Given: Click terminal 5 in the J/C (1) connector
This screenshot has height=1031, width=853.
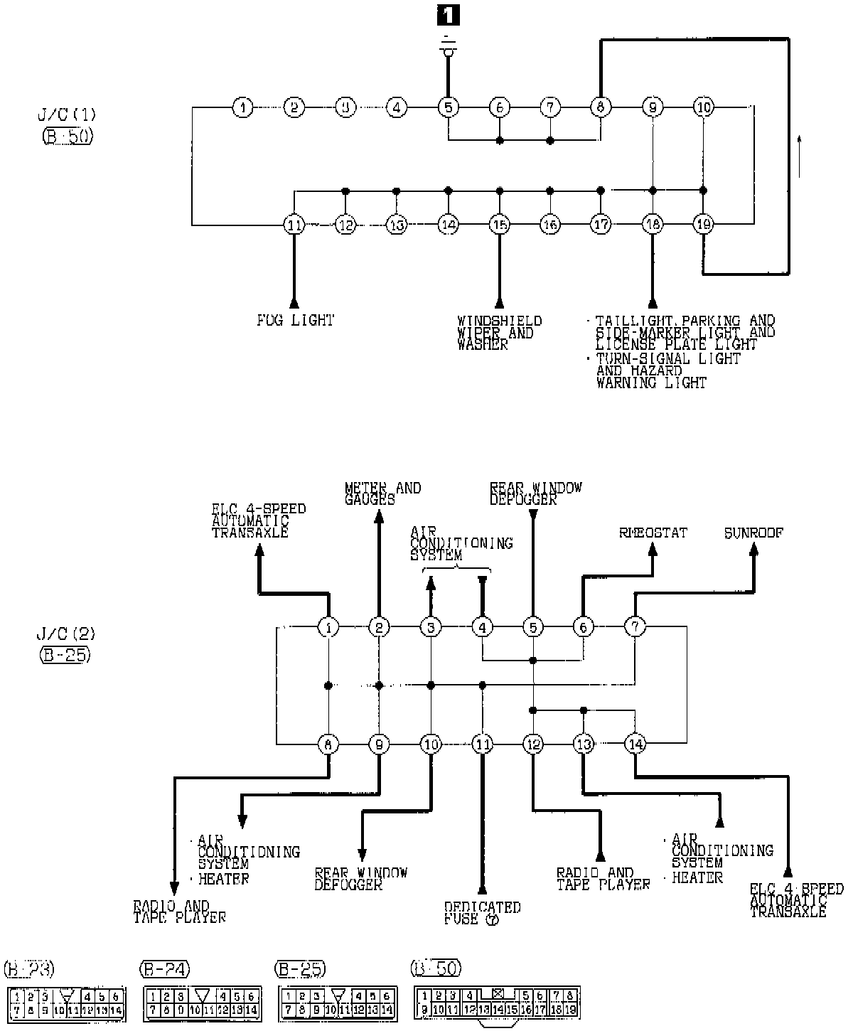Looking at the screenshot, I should [448, 108].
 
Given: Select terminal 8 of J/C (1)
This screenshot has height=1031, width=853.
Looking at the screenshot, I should [601, 108].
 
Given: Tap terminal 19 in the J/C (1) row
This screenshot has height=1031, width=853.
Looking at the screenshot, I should [703, 225].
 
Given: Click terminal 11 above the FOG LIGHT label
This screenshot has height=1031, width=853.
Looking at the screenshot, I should [294, 225].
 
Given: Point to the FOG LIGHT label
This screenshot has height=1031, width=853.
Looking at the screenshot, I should [295, 321].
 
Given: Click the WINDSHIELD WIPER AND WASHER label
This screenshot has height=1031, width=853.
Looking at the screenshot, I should [499, 333].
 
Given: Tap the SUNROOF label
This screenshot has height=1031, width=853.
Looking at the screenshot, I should [753, 533].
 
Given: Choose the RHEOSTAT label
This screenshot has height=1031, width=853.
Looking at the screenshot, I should [653, 533].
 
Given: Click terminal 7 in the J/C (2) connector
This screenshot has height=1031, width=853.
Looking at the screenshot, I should [635, 627].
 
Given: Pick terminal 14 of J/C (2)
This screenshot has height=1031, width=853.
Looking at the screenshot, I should [635, 744].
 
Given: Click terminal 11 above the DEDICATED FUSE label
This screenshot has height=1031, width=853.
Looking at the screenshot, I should [482, 744].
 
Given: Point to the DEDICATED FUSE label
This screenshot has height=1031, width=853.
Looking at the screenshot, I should [482, 913].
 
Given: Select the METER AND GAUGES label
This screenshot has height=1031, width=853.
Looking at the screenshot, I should [382, 493].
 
